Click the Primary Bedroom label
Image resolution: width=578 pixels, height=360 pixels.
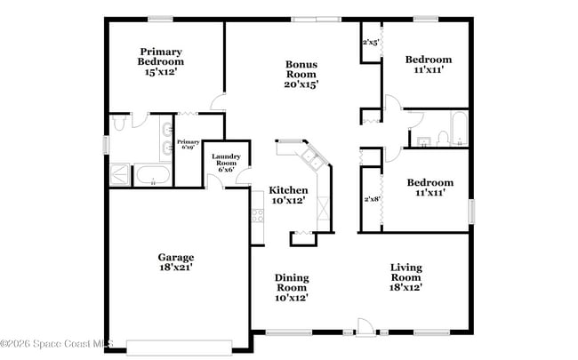click(160, 62)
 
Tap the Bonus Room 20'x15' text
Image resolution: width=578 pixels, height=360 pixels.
click(301, 75)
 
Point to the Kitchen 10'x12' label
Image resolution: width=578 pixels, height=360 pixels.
click(289, 196)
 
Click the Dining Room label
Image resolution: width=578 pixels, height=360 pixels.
click(291, 288)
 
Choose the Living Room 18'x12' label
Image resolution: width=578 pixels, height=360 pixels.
click(405, 277)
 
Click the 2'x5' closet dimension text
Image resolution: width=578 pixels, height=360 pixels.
click(371, 42)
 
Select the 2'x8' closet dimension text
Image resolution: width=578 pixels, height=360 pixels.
click(371, 199)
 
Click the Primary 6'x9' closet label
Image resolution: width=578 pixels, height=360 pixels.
click(188, 145)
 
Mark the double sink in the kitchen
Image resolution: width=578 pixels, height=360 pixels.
click(312, 159)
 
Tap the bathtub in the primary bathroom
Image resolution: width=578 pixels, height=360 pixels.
click(152, 175)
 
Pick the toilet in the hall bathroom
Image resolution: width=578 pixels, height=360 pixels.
click(422, 140)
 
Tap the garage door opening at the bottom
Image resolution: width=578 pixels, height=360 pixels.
click(179, 347)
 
